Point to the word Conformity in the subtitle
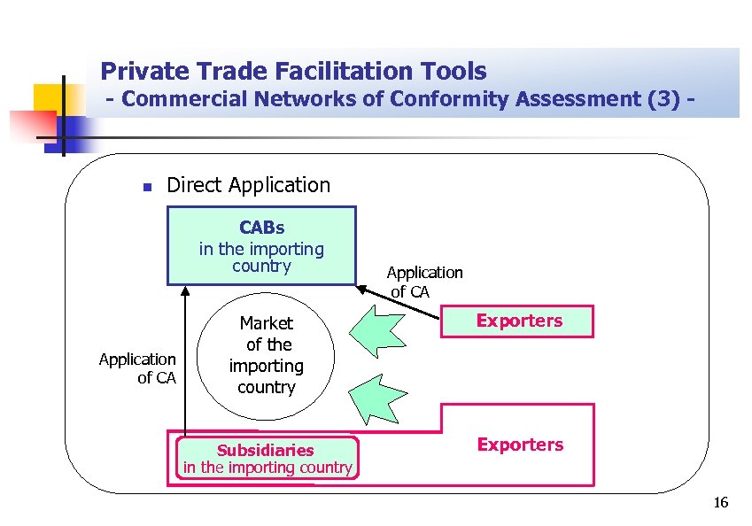coord(432,99)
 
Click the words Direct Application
coord(248,185)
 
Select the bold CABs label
coord(261,228)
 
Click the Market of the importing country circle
coord(266,354)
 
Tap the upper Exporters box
coord(519,321)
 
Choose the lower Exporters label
coord(519,445)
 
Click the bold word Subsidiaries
coord(266,450)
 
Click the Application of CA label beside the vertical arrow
coord(137,368)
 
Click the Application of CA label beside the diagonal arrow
coord(424,282)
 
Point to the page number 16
coord(720,504)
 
